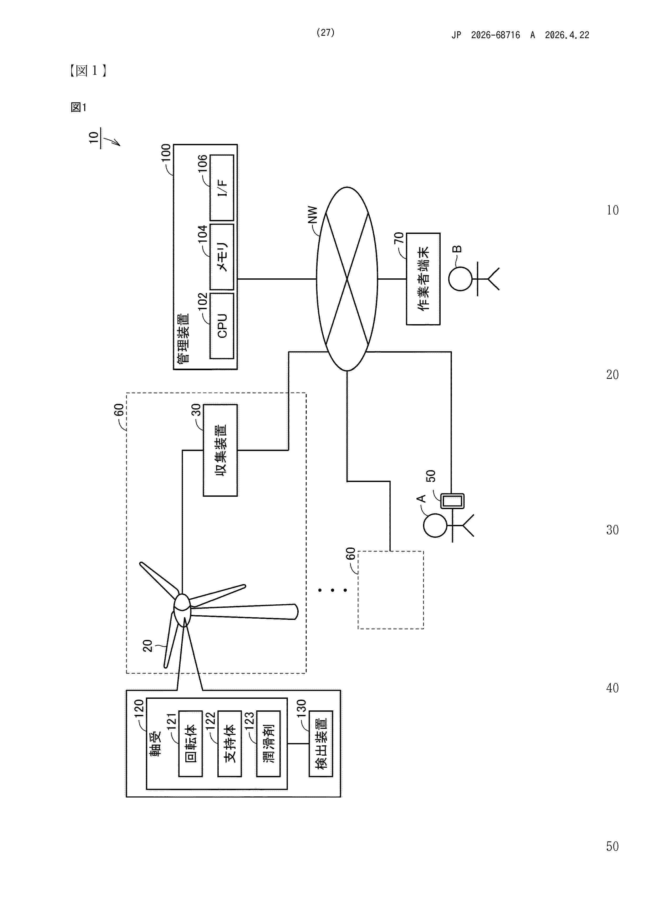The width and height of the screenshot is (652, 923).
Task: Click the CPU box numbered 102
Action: (x=222, y=326)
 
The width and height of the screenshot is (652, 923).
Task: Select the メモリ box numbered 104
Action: (x=222, y=257)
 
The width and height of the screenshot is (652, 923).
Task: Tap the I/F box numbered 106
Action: (x=222, y=188)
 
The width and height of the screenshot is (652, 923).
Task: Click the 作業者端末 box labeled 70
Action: (x=423, y=279)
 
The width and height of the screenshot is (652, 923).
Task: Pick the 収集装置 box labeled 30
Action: (x=220, y=450)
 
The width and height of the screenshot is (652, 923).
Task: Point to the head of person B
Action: (x=460, y=279)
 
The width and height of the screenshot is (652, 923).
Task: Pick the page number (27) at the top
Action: (x=325, y=33)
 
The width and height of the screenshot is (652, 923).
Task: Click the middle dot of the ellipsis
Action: (x=332, y=590)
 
